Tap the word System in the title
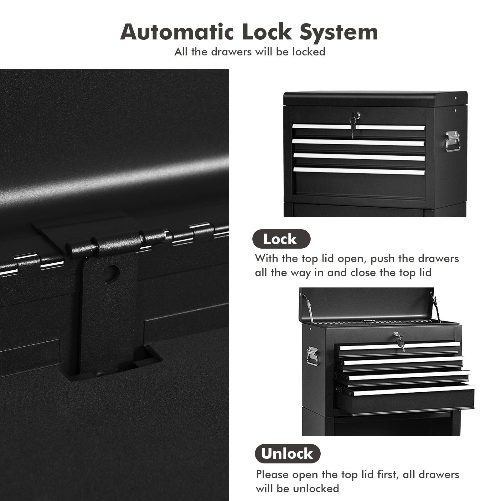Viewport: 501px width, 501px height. coord(339,32)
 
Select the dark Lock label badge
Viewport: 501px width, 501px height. coord(281,239)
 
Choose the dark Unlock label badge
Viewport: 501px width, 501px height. coord(287,454)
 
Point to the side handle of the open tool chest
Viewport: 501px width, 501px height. coord(312,356)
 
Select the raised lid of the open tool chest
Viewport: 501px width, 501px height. coord(366,302)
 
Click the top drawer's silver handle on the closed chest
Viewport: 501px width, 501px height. coord(359,127)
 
